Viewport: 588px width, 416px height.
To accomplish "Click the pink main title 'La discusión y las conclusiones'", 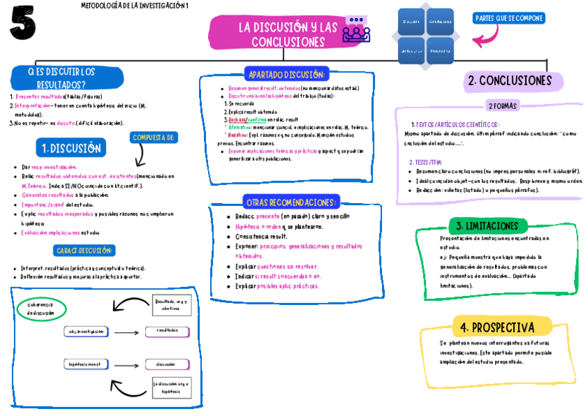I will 288,34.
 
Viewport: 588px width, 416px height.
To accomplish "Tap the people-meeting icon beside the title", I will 356,31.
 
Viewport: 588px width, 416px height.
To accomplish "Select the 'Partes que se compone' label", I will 510,18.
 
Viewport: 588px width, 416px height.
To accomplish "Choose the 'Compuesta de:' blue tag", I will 153,137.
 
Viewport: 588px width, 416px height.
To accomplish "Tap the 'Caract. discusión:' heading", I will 84,250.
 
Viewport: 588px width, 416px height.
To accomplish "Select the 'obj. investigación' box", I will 87,331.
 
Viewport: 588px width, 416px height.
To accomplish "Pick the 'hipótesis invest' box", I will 86,364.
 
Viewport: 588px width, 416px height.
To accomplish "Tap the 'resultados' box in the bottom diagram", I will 167,331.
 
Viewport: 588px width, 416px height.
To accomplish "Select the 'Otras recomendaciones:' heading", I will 291,202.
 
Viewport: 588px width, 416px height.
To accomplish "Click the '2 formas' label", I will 503,106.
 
